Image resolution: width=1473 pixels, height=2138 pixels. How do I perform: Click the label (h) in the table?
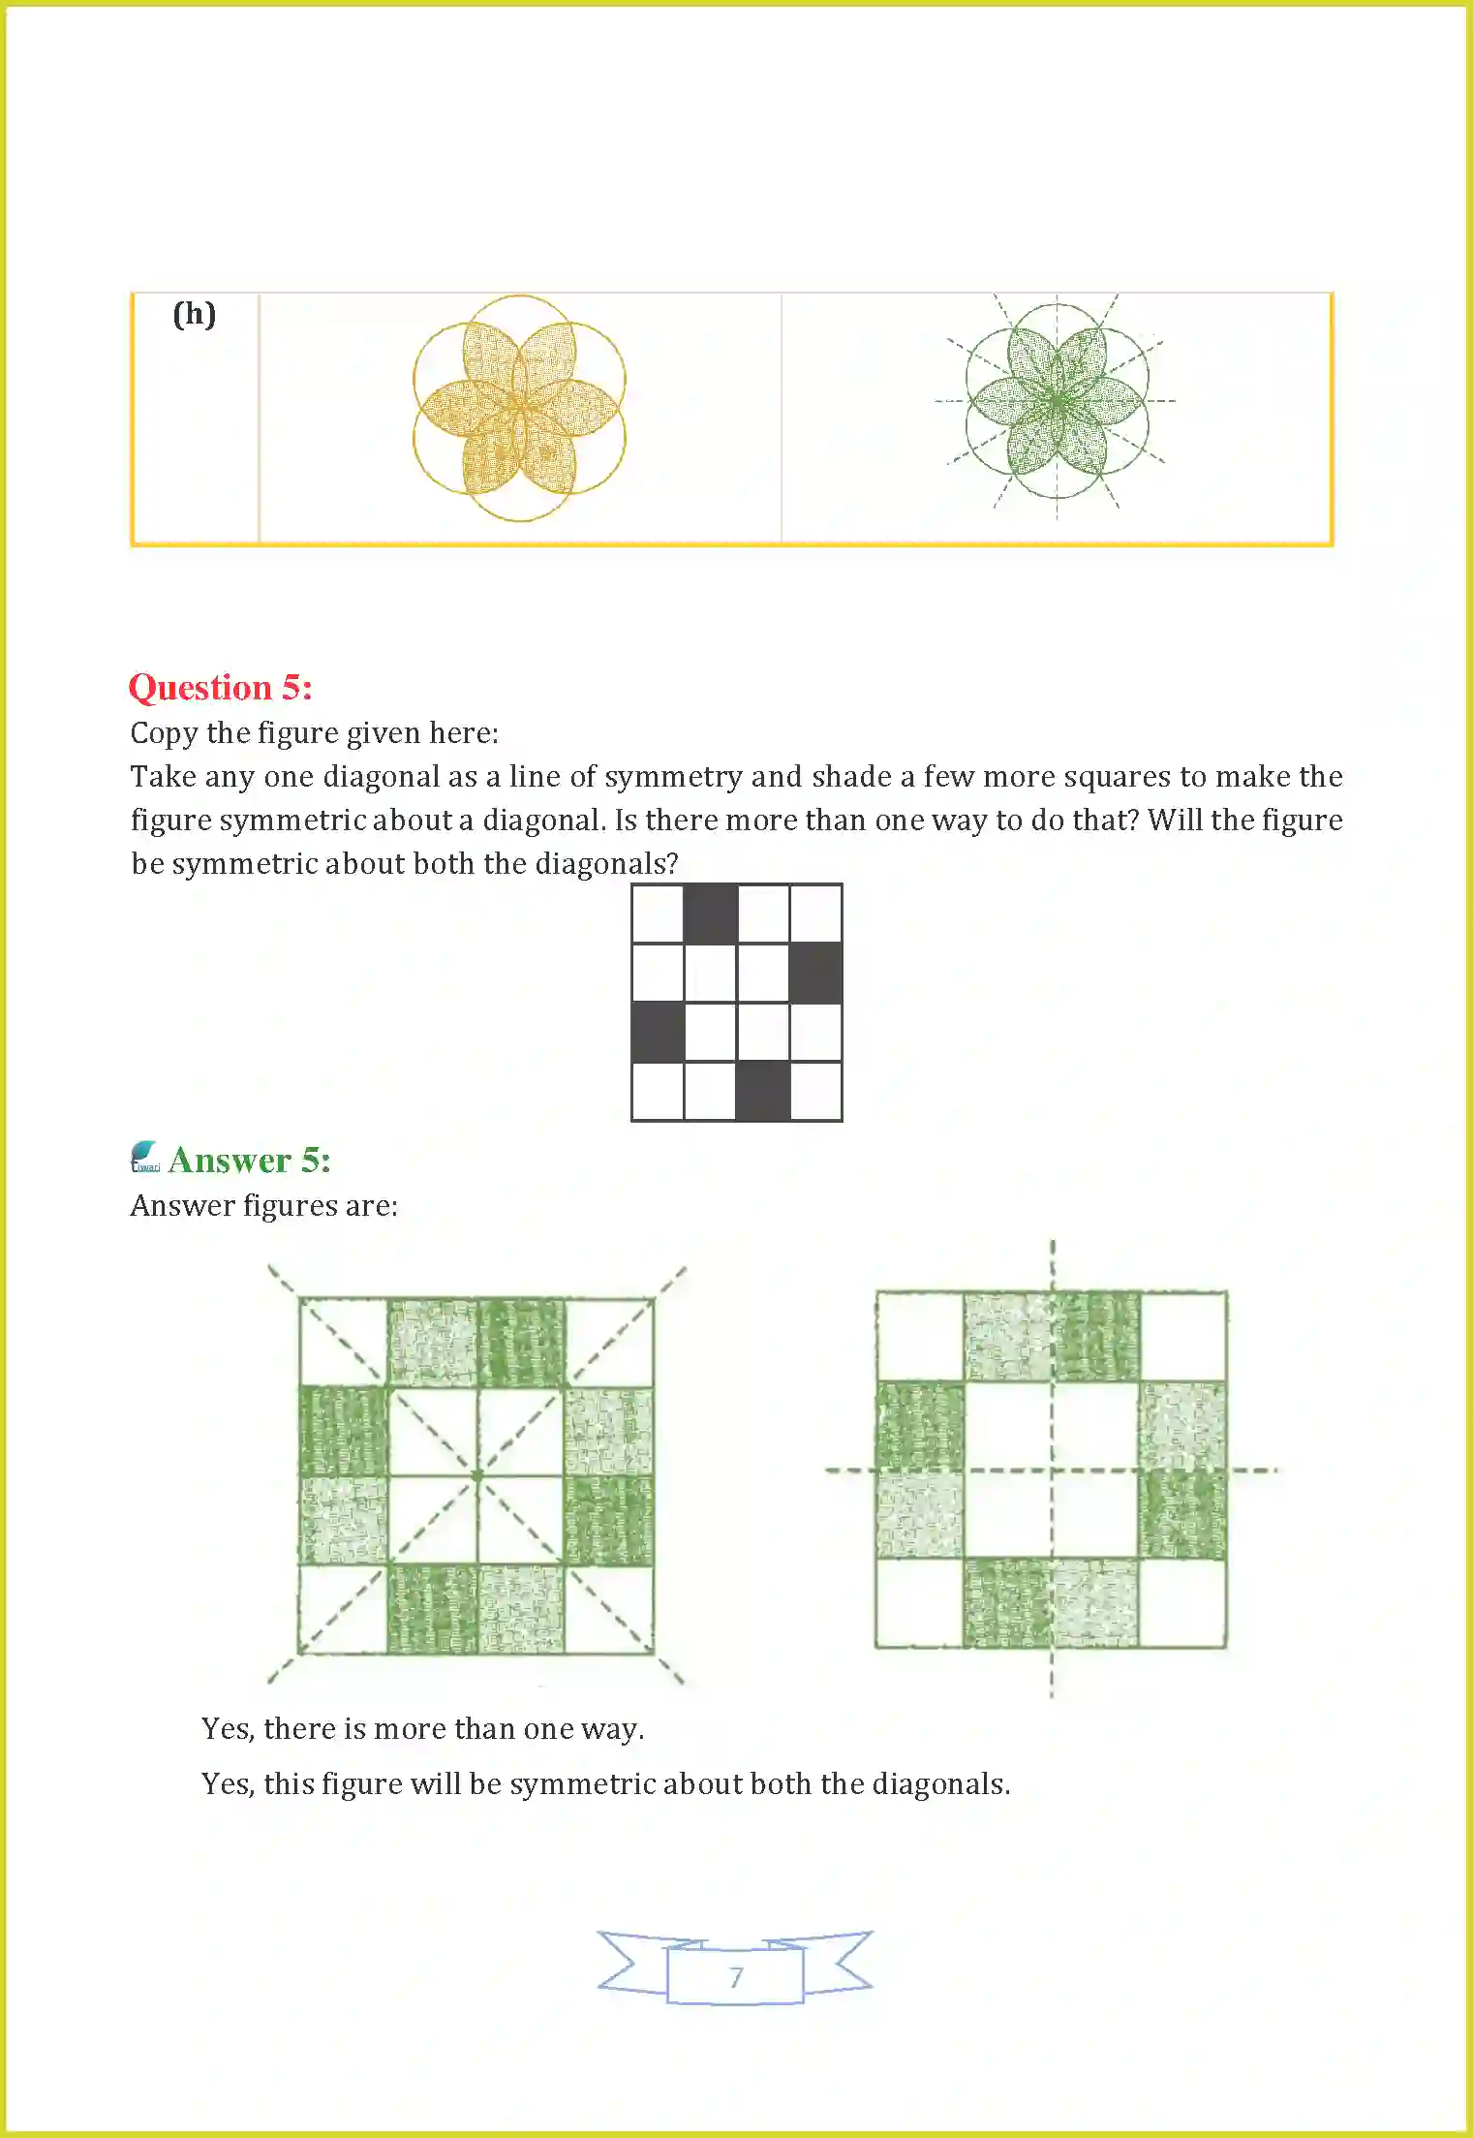194,315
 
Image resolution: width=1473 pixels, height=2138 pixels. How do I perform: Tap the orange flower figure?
519,408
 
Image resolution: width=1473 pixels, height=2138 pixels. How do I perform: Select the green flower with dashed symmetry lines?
1057,401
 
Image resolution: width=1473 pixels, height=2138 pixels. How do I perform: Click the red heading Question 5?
221,688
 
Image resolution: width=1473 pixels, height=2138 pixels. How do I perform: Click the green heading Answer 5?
249,1161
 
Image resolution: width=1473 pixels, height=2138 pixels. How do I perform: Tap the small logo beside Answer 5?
145,1157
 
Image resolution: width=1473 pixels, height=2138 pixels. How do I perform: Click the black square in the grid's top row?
711,914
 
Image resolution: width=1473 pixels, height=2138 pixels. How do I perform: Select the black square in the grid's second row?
815,973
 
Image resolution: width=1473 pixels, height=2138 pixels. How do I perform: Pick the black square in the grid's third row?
658,1032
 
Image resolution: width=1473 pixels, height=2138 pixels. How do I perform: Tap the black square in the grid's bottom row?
763,1091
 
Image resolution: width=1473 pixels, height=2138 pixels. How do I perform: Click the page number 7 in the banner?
736,1977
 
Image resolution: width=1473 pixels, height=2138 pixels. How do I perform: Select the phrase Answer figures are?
264,1206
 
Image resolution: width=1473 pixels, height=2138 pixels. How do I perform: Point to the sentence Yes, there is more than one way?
422,1729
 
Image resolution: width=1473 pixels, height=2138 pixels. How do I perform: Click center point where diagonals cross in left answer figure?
476,1475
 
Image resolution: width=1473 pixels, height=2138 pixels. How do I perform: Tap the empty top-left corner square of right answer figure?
920,1336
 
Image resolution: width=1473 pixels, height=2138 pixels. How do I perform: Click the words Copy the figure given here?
315,733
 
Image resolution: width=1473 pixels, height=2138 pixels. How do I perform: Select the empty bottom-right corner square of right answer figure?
1182,1602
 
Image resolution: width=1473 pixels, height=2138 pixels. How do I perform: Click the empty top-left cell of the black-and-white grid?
658,914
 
